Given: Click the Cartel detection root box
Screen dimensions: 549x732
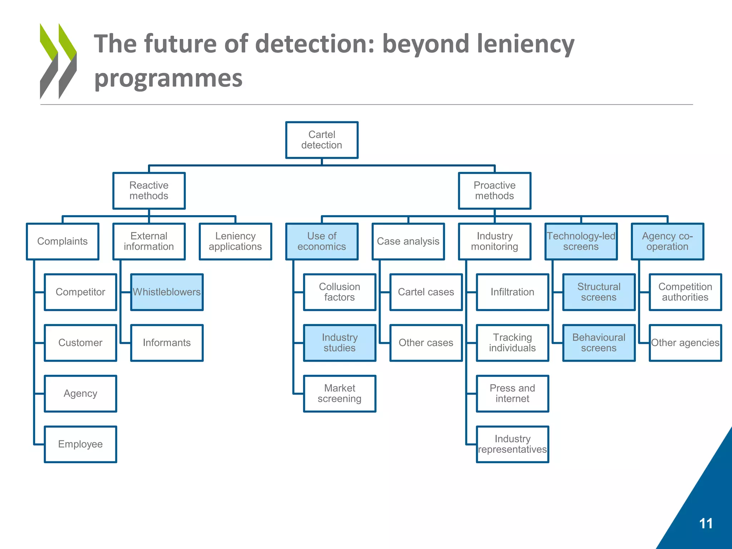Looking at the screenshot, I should (322, 140).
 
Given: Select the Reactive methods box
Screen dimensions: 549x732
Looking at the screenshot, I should (149, 191).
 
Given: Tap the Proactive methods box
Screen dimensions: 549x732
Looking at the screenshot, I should (494, 191).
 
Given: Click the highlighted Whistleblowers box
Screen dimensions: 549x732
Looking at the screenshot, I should (167, 292).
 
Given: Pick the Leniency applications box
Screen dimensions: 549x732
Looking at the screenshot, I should (235, 241).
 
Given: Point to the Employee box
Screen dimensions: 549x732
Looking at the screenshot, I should (80, 444).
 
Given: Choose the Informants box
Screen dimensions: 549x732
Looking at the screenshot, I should (167, 343).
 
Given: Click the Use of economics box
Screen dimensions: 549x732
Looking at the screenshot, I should (322, 241).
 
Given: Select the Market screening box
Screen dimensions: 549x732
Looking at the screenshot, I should (340, 393).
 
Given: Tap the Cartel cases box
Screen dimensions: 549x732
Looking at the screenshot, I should (426, 292).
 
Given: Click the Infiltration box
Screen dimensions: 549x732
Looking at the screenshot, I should (512, 292).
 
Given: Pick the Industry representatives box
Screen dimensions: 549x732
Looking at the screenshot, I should (512, 444).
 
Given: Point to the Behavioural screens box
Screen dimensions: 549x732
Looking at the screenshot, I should (599, 343).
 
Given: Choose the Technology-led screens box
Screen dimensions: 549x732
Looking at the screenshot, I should (581, 241).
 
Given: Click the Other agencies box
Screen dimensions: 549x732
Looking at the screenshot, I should (685, 343).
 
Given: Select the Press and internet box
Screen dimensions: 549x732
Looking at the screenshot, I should (512, 393).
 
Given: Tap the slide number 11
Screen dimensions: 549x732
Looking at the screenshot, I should (706, 523).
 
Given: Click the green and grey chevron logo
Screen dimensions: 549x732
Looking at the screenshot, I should (58, 61).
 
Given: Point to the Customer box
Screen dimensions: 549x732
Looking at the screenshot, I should (80, 343).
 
